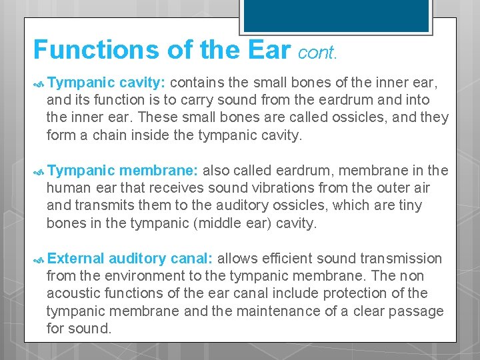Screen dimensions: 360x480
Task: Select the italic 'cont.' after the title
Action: tap(317, 53)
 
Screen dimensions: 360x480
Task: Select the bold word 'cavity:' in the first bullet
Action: tap(143, 82)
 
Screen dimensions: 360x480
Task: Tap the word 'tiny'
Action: tap(409, 205)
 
